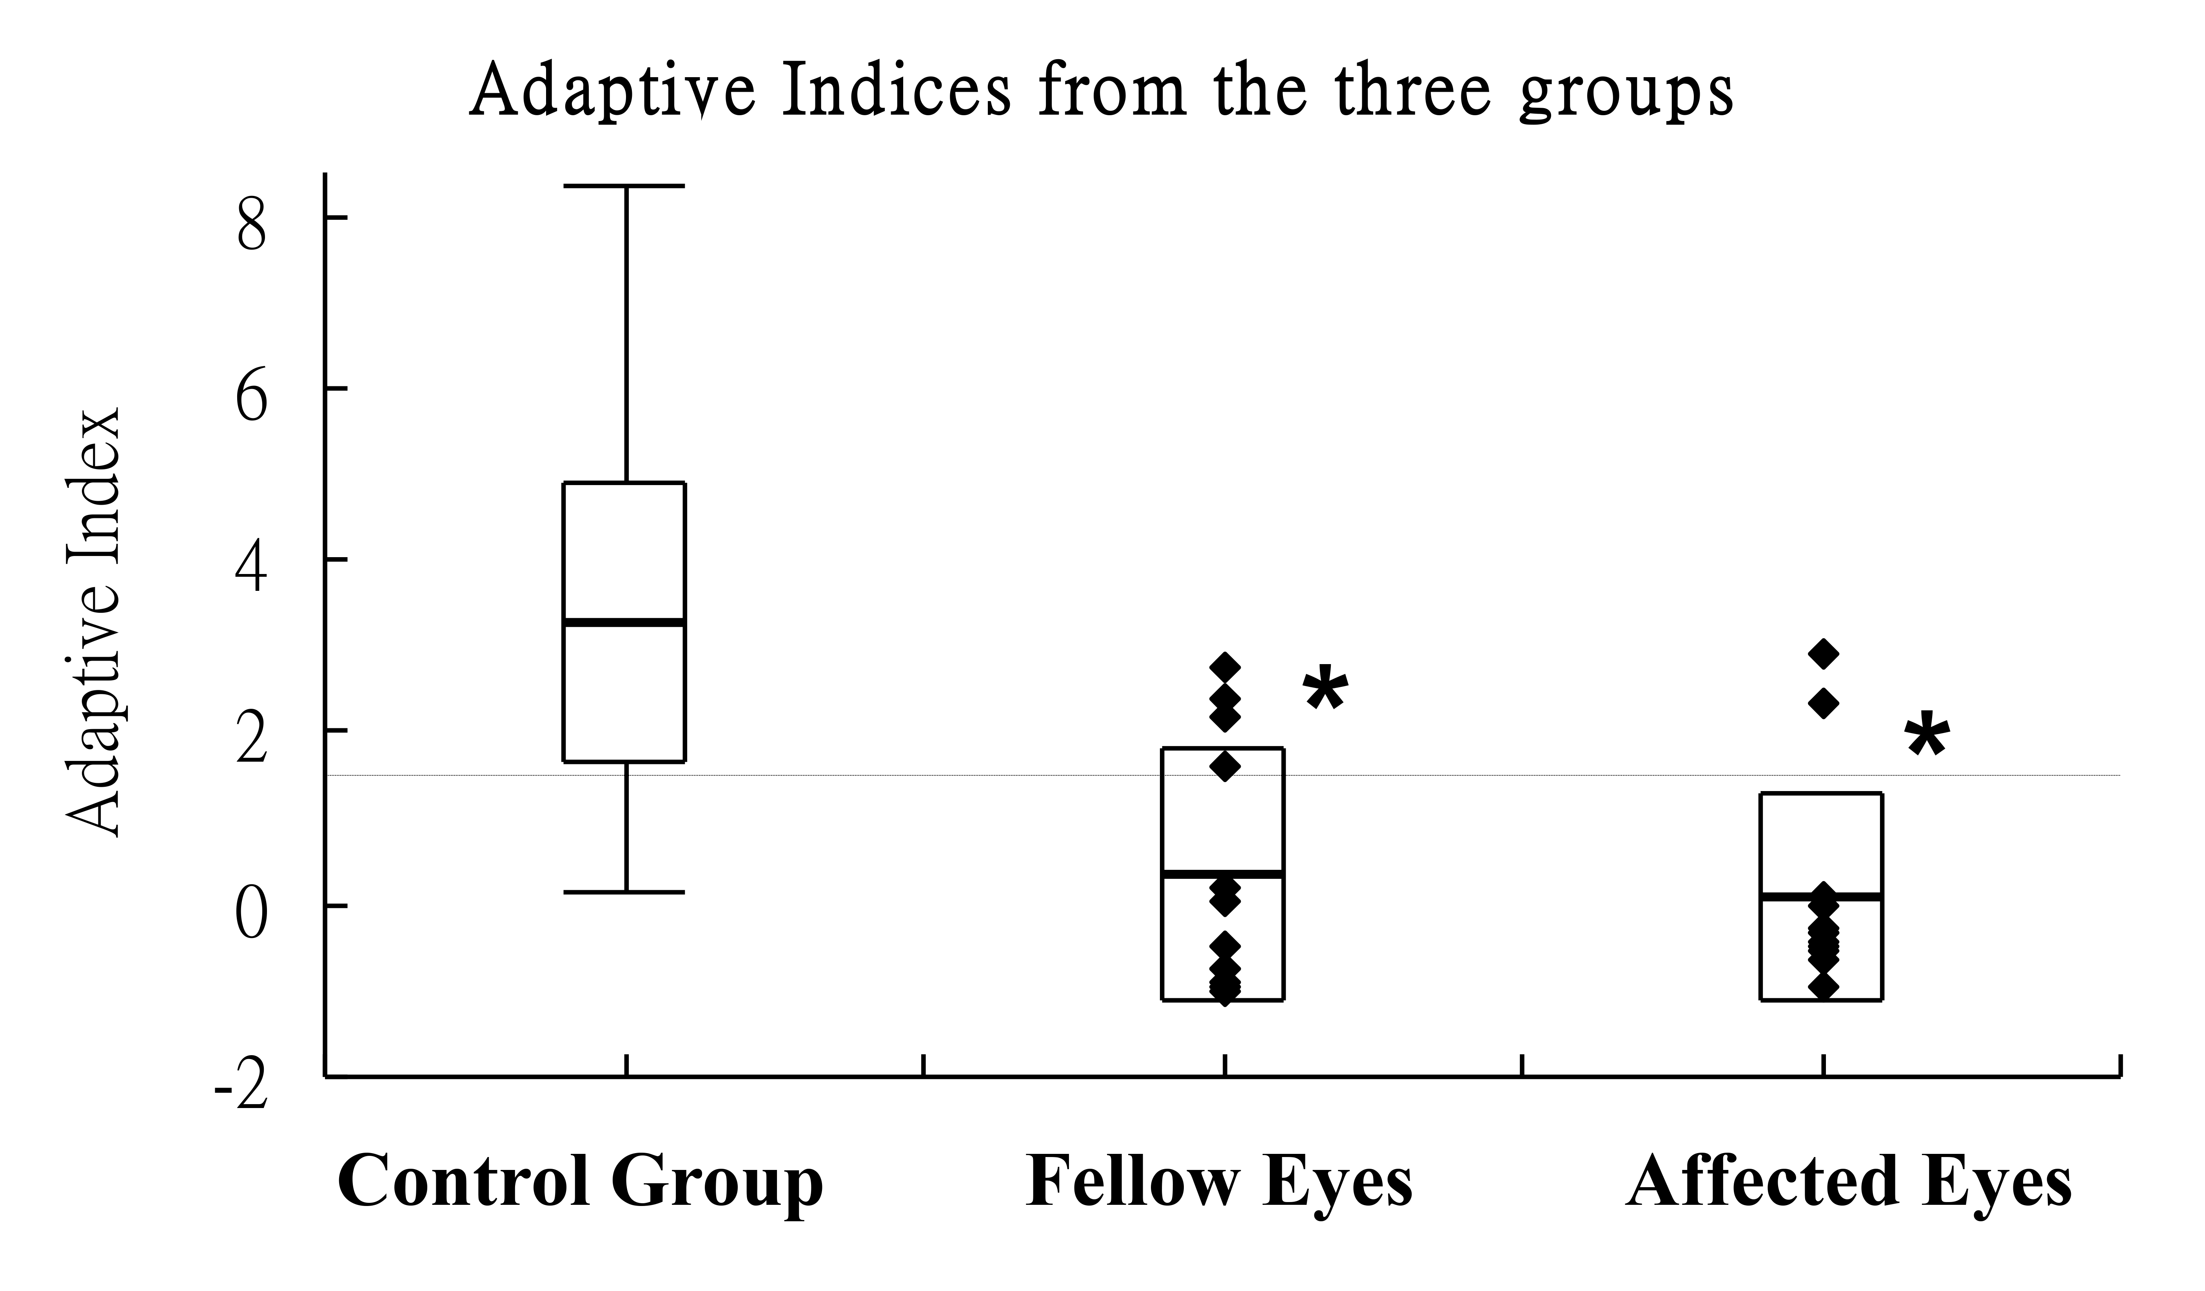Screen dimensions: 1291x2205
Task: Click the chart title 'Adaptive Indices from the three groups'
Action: [1101, 91]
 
